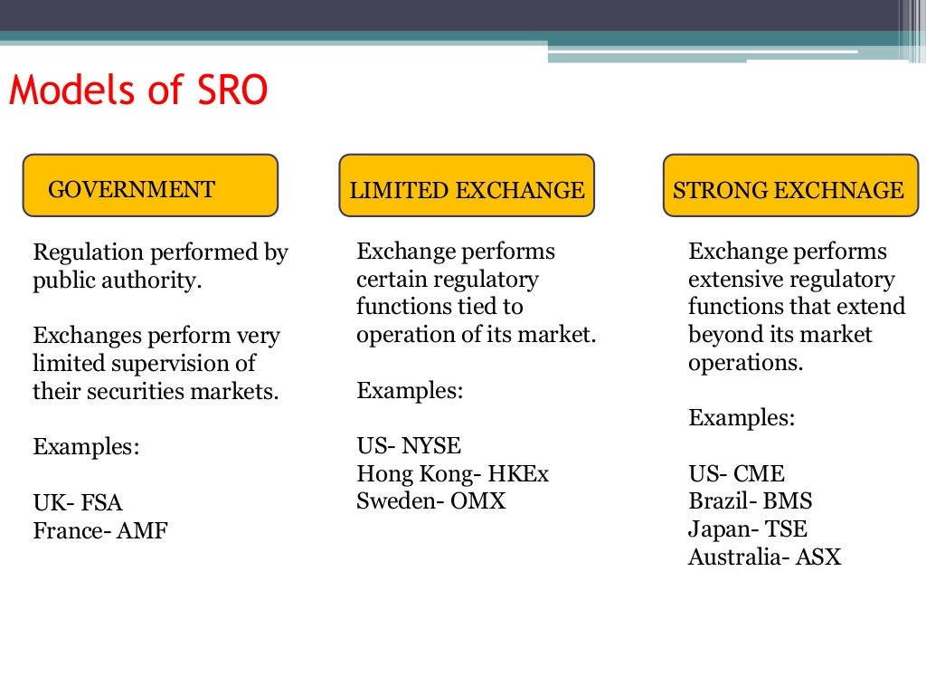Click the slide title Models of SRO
[x=138, y=92]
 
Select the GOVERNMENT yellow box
[x=150, y=186]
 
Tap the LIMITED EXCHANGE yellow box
[x=467, y=186]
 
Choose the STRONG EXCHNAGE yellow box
[x=789, y=186]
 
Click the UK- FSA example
[x=78, y=503]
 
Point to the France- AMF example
[x=100, y=531]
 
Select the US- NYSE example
[x=409, y=446]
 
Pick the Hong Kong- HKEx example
[x=452, y=474]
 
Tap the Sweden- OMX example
[x=430, y=501]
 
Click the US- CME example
[x=736, y=473]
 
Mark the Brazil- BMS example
[x=750, y=501]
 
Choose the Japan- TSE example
[x=748, y=528]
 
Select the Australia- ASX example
[x=764, y=557]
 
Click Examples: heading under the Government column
[x=86, y=447]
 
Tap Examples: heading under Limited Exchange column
[x=410, y=391]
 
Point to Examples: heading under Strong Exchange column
[x=742, y=418]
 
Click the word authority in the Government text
[x=154, y=281]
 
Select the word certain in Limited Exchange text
[x=390, y=280]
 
